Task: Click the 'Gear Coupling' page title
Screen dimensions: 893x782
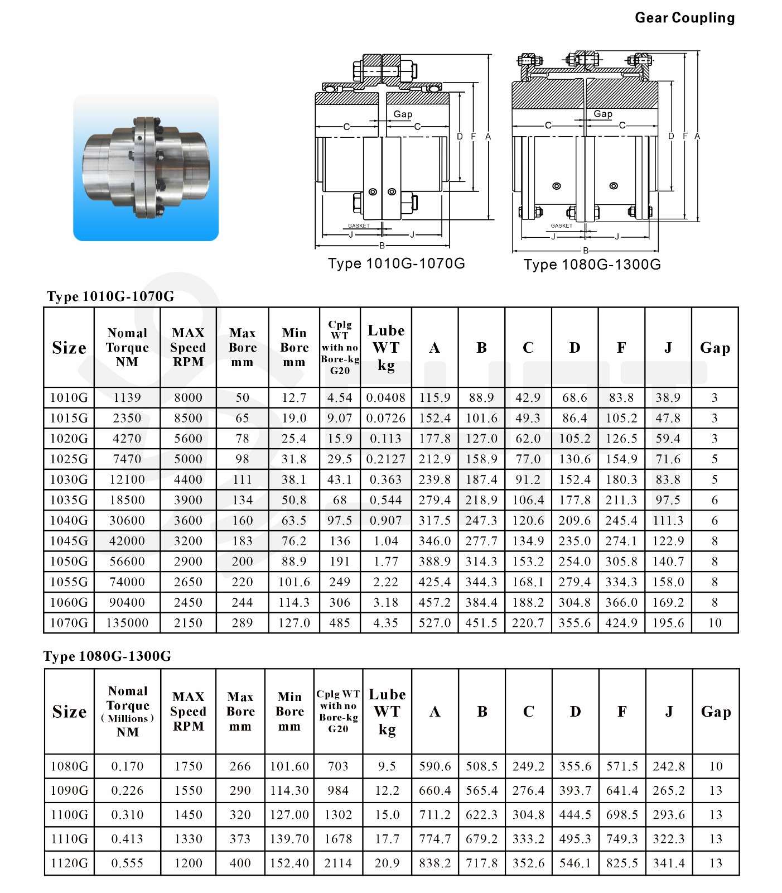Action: point(684,18)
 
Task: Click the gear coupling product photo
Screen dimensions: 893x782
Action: point(146,167)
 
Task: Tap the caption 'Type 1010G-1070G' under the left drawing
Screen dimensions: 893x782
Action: point(396,263)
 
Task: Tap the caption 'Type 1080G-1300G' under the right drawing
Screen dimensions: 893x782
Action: point(592,265)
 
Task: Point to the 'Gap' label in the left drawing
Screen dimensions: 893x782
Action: point(403,114)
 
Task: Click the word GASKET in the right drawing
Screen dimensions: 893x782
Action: point(561,226)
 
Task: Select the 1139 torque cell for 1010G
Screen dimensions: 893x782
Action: point(127,397)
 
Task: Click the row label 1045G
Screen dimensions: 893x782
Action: point(69,541)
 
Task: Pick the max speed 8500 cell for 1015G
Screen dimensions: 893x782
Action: point(188,418)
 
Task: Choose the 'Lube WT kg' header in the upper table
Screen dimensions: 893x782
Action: point(386,347)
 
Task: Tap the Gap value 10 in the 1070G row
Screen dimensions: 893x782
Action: point(715,623)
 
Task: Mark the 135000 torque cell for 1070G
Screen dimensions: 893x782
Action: point(127,623)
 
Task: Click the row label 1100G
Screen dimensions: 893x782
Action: point(69,815)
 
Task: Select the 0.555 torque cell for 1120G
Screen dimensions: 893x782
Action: point(127,863)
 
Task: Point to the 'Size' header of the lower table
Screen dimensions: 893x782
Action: point(69,712)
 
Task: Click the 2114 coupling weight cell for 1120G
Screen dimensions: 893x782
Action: point(338,863)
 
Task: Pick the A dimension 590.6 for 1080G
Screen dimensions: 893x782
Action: point(435,766)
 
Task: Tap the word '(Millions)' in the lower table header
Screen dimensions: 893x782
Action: point(127,719)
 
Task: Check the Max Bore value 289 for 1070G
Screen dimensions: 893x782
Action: point(242,623)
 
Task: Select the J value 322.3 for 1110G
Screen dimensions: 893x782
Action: point(669,839)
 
